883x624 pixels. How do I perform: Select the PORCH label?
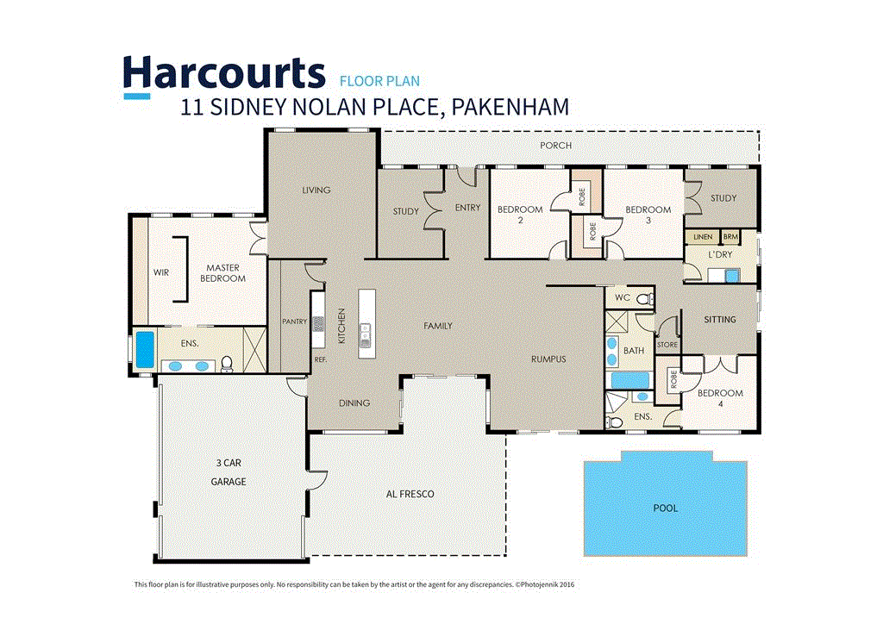click(555, 146)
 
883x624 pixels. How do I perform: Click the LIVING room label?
click(316, 190)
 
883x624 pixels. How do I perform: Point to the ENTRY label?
click(467, 208)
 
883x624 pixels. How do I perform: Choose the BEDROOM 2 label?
click(520, 215)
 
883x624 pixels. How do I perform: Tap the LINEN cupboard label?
click(702, 236)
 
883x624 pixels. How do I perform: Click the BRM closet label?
click(731, 236)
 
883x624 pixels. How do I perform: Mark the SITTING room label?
click(720, 320)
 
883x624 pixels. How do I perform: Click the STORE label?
click(667, 345)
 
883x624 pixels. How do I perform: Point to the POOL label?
click(665, 509)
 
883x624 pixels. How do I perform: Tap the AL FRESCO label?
click(410, 494)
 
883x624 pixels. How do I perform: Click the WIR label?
click(161, 272)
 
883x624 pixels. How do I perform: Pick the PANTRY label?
click(295, 322)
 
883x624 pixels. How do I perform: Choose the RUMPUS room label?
click(548, 359)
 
